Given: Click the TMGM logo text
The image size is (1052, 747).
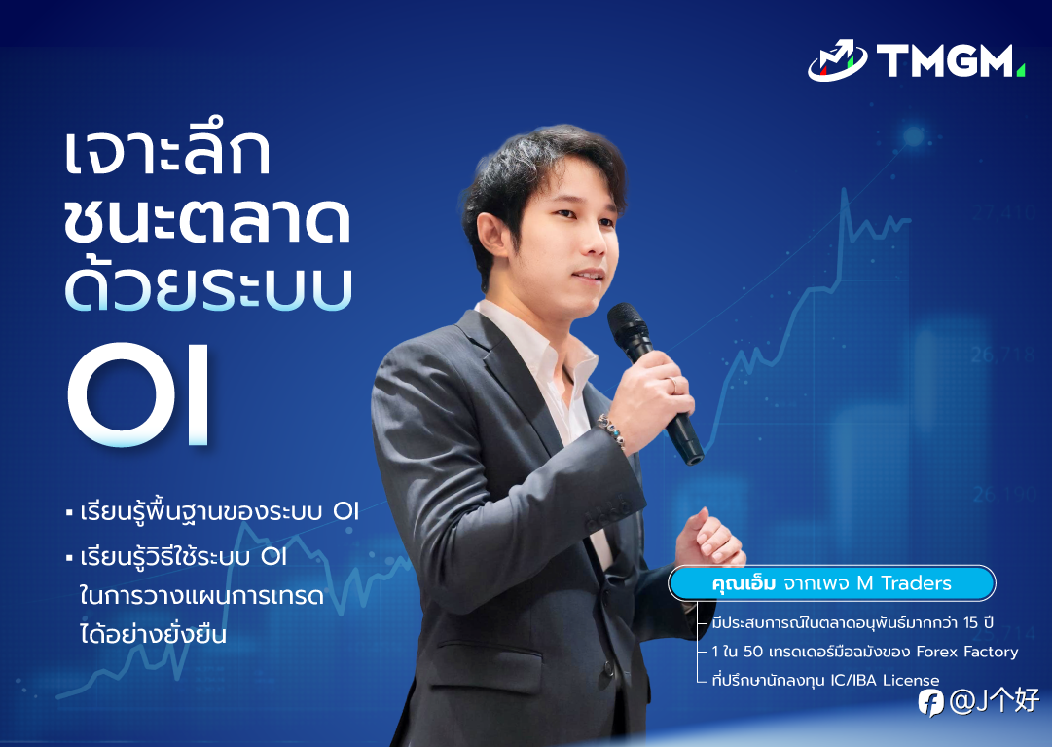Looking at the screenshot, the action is click(946, 61).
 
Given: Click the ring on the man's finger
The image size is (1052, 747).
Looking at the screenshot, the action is click(671, 386).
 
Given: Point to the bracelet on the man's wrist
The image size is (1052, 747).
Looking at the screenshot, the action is click(612, 430).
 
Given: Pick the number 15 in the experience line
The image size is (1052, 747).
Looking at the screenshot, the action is click(971, 622).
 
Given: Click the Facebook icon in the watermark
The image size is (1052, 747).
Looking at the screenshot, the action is click(931, 703).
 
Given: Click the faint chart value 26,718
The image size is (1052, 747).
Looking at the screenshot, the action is click(1002, 354).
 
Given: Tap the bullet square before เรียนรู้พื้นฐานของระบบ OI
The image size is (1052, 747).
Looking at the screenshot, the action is click(69, 513).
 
